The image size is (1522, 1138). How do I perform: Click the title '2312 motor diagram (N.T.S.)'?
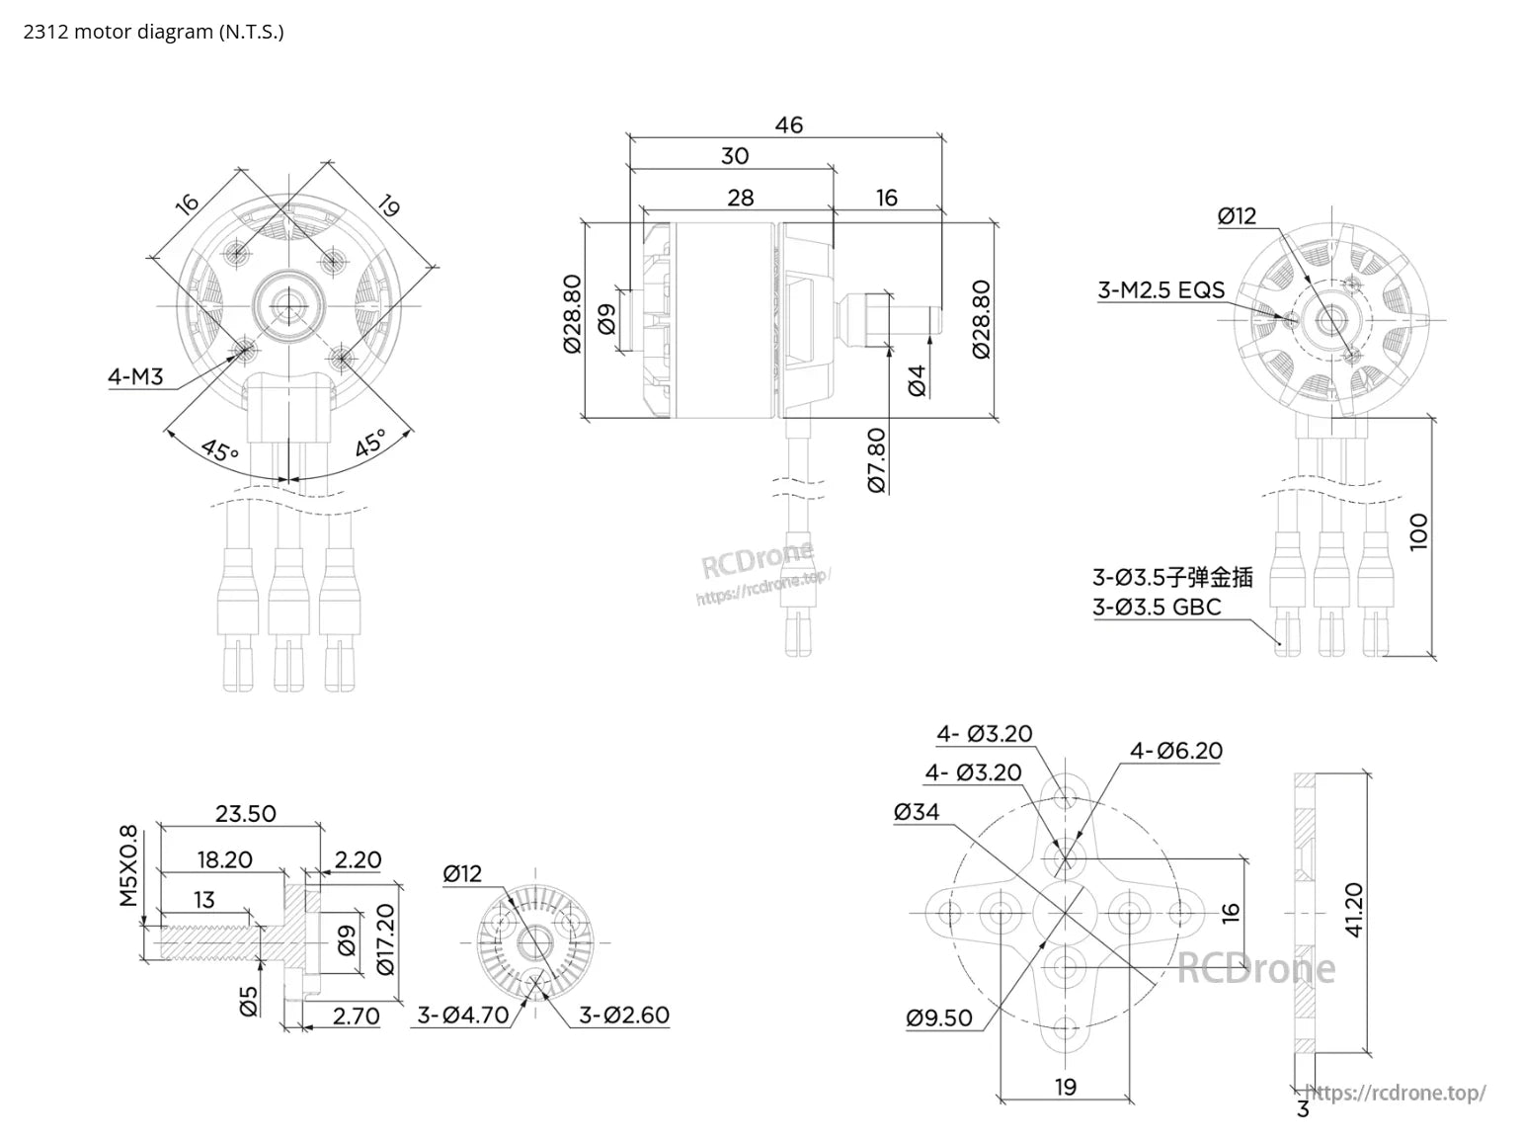[x=153, y=32]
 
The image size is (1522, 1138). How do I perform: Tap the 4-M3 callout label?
[x=135, y=376]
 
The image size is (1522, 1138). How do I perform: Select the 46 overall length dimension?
[x=788, y=124]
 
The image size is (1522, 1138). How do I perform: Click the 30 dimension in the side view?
[x=735, y=155]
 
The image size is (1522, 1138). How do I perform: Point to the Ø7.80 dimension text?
[x=876, y=459]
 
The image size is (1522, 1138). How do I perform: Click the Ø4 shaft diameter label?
[x=917, y=380]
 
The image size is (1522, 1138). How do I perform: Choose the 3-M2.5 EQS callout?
[x=1161, y=289]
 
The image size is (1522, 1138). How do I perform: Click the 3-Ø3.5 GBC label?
[x=1157, y=607]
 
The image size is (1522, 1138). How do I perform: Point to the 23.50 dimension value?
[x=245, y=814]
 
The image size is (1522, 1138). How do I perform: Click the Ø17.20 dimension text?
[x=385, y=938]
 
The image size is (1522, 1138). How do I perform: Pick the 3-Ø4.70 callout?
[x=463, y=1015]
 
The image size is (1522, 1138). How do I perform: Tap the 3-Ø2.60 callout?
[x=624, y=1015]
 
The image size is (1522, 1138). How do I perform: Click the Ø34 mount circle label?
[x=917, y=812]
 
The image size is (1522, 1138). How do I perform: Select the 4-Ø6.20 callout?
[x=1175, y=751]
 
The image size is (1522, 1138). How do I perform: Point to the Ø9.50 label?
[x=939, y=1017]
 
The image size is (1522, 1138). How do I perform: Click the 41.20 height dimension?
[x=1353, y=910]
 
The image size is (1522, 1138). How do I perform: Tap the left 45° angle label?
[x=220, y=450]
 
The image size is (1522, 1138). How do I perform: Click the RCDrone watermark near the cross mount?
[x=1255, y=968]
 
